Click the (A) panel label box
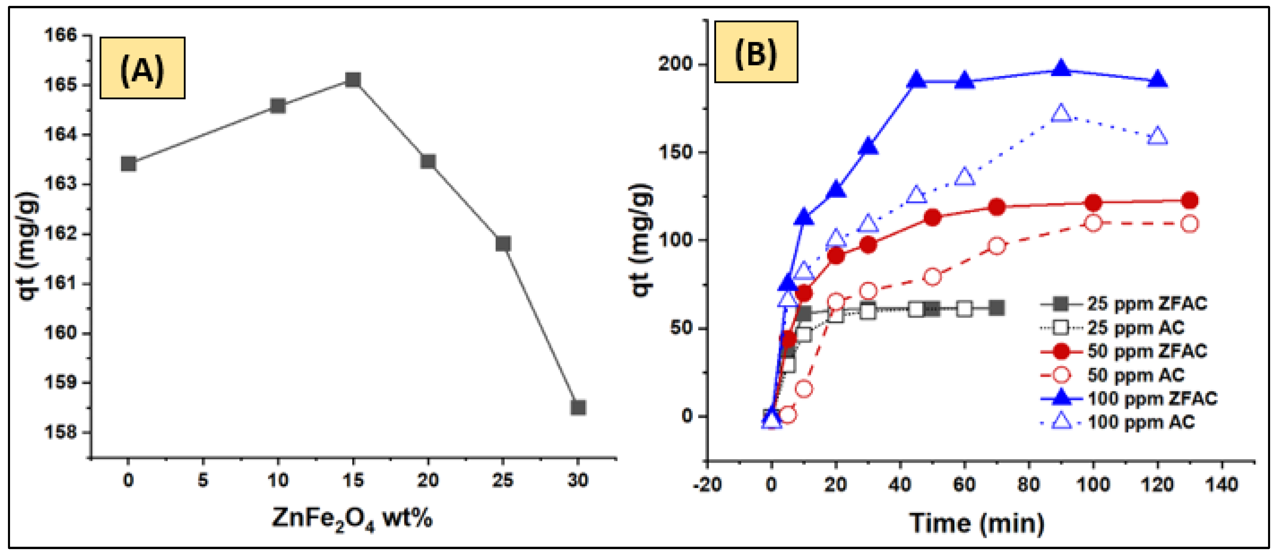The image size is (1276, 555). (142, 68)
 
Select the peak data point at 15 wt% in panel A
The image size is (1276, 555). (353, 80)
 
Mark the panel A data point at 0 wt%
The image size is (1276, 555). (128, 164)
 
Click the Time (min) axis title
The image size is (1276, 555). (976, 523)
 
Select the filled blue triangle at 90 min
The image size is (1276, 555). (1060, 69)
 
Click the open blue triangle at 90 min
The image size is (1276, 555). (1060, 113)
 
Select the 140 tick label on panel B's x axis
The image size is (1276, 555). (1222, 484)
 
